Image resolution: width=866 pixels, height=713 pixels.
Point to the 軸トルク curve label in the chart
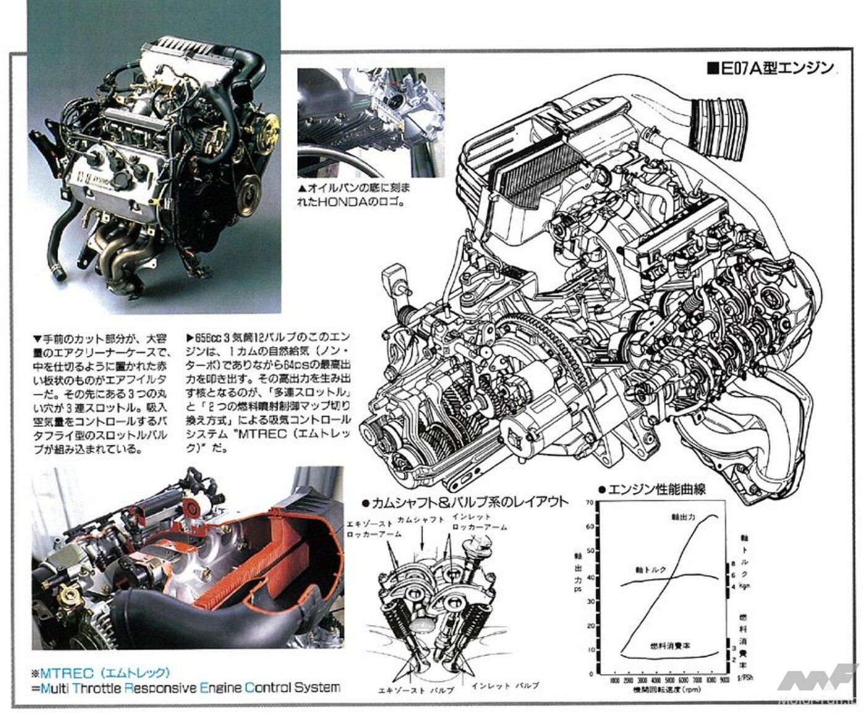click(x=648, y=568)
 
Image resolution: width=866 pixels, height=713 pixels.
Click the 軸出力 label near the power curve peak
click(x=684, y=516)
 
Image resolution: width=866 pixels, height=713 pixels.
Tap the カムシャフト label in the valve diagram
click(x=421, y=519)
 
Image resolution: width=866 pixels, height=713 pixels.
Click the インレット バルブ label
click(x=505, y=686)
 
